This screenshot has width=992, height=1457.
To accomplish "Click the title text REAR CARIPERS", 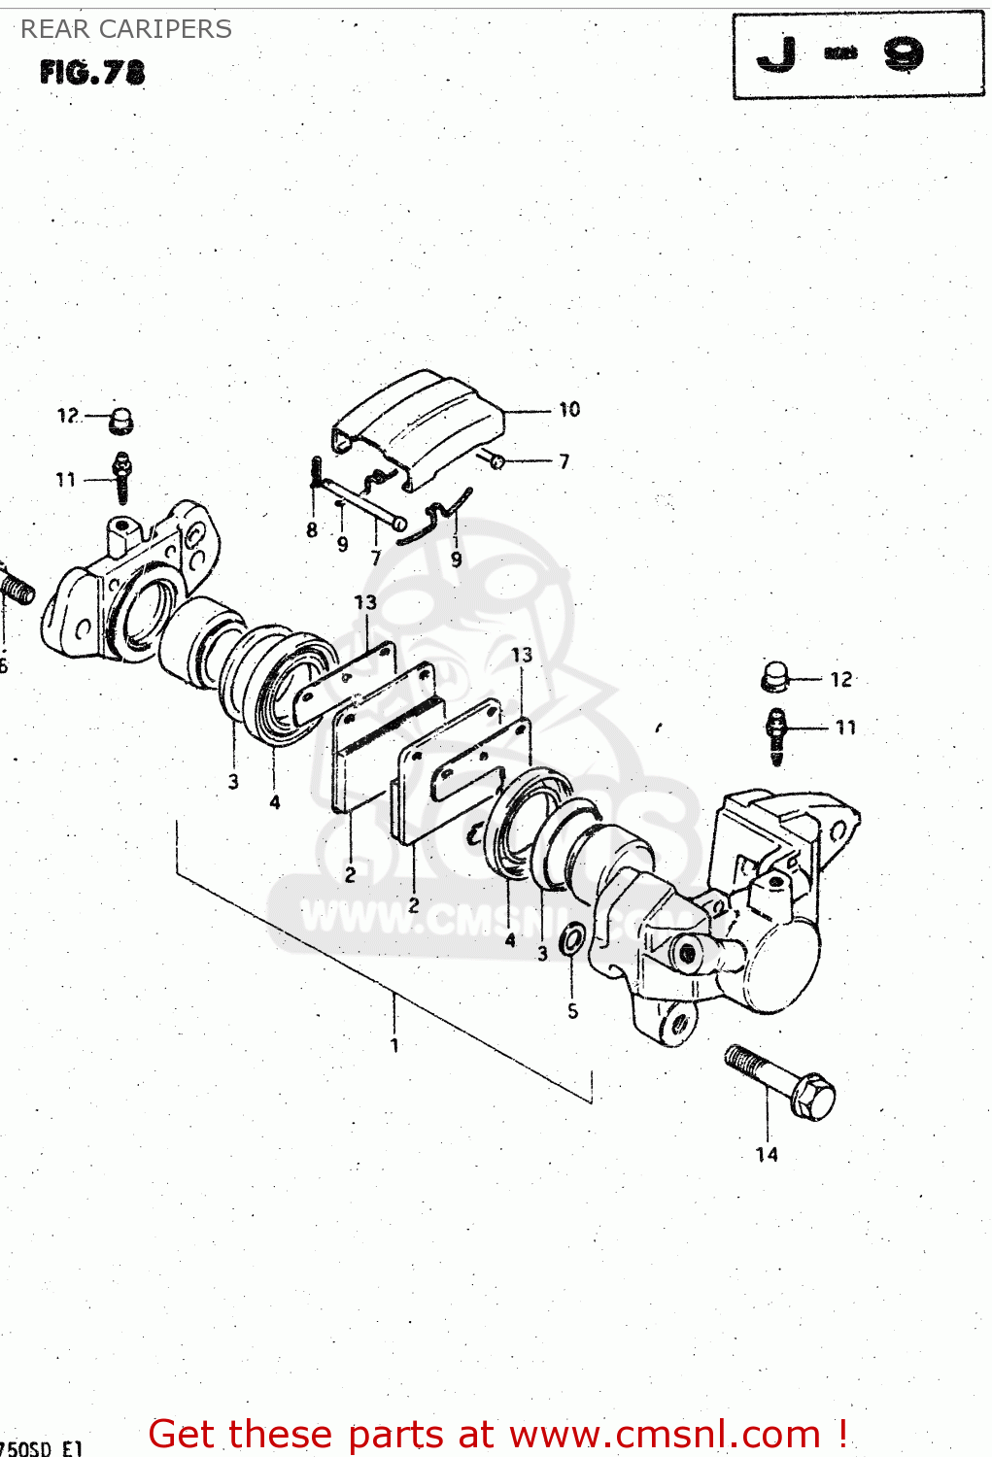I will [126, 29].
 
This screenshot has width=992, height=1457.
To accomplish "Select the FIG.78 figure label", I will [92, 73].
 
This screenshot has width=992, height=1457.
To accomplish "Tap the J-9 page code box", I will [858, 55].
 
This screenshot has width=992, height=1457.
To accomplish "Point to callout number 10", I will [569, 410].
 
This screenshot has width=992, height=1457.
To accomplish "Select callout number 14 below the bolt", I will [767, 1154].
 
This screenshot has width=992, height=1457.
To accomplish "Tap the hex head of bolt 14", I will [813, 1097].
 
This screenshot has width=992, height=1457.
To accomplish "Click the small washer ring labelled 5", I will [573, 940].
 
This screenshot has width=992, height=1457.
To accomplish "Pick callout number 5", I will [573, 1011].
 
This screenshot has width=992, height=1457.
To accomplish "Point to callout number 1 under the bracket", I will [394, 1045].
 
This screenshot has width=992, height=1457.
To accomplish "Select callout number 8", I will [312, 529].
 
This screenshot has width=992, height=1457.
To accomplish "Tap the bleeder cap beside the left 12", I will [121, 420].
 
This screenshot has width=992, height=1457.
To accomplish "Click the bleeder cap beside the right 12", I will [774, 677].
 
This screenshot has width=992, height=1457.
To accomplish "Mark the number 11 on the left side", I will [65, 480].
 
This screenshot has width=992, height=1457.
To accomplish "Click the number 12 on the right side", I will [841, 680].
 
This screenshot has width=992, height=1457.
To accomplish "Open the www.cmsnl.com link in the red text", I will [666, 1434].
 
